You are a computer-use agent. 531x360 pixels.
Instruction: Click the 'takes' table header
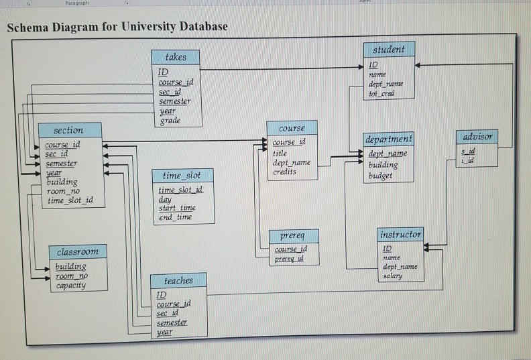[x=176, y=57]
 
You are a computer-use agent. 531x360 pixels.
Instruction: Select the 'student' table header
[x=389, y=49]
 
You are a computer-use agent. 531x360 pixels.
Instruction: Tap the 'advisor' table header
[x=477, y=136]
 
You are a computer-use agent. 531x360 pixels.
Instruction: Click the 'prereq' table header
[x=292, y=237]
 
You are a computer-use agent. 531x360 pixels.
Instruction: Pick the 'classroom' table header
[x=78, y=251]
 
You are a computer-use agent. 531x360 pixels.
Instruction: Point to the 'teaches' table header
[x=178, y=280]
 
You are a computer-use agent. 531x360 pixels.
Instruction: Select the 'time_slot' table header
[x=182, y=175]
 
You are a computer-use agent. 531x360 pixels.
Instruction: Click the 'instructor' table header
[x=400, y=235]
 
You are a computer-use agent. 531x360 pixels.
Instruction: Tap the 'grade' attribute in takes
[x=170, y=121]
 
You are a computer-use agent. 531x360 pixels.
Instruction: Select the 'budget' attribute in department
[x=381, y=176]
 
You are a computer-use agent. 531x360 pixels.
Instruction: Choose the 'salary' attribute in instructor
[x=393, y=276]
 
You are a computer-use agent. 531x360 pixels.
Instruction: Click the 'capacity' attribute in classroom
[x=70, y=285]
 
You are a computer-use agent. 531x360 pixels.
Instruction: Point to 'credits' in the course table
[x=285, y=172]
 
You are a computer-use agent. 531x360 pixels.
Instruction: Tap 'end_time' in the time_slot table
[x=175, y=217]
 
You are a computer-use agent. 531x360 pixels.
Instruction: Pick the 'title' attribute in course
[x=280, y=153]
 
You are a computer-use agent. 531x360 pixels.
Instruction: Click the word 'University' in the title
[x=133, y=27]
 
